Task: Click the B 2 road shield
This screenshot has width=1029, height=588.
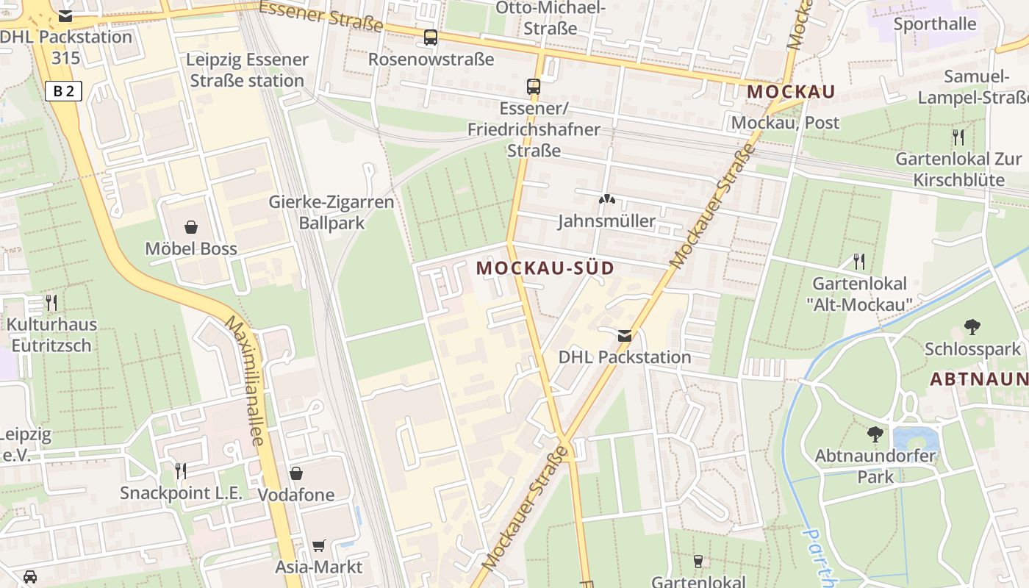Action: point(63,91)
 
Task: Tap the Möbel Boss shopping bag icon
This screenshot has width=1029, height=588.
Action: point(191,226)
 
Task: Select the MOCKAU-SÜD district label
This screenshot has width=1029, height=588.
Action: point(545,268)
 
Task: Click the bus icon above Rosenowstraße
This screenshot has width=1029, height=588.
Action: point(431,37)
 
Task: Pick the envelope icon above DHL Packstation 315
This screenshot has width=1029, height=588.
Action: point(65,15)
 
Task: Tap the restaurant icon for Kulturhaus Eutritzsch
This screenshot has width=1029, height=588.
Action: point(51,302)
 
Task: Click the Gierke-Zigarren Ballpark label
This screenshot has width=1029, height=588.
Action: point(331,212)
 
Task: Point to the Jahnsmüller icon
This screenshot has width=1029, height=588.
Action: point(606,198)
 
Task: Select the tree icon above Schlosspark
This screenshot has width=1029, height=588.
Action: point(972,326)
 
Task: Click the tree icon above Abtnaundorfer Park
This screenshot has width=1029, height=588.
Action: point(875,434)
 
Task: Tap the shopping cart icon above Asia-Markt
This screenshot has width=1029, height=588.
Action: point(318,545)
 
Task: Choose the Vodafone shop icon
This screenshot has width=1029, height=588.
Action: point(296,473)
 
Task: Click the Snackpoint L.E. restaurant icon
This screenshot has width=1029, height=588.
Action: point(180,470)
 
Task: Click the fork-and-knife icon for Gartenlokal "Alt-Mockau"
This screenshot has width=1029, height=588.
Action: point(858,261)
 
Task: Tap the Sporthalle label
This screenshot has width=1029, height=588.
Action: point(935,24)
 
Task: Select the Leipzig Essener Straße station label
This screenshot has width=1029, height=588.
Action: point(247,70)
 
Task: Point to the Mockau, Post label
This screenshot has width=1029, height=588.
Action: point(785,123)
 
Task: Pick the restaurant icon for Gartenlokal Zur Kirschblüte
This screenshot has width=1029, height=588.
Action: point(958,137)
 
